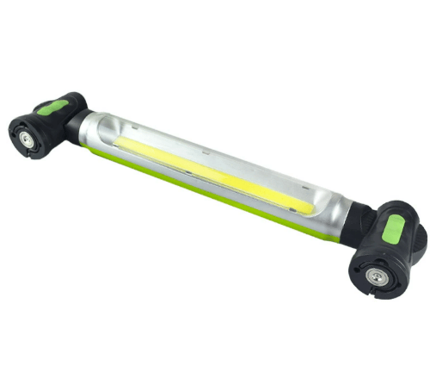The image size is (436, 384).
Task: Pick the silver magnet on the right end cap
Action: coord(376,276)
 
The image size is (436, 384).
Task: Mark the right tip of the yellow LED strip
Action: coord(310,209)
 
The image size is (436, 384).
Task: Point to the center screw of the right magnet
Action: coord(376,276)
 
